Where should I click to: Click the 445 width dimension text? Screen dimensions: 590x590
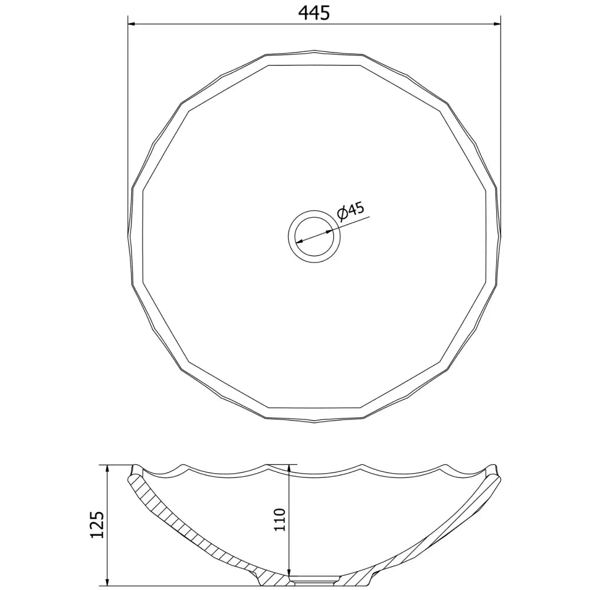pos(313,12)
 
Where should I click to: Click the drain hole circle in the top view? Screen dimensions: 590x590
pos(314,234)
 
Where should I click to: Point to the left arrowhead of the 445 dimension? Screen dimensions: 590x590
pos(133,24)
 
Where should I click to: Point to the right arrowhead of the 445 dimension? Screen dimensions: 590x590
pos(496,24)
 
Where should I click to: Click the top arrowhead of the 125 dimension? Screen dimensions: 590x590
pos(107,468)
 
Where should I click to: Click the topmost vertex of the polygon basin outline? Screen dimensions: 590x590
pos(314,51)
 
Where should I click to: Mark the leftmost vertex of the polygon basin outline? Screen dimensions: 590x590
pos(129,235)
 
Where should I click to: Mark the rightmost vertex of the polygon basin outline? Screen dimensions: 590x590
pos(500,235)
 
